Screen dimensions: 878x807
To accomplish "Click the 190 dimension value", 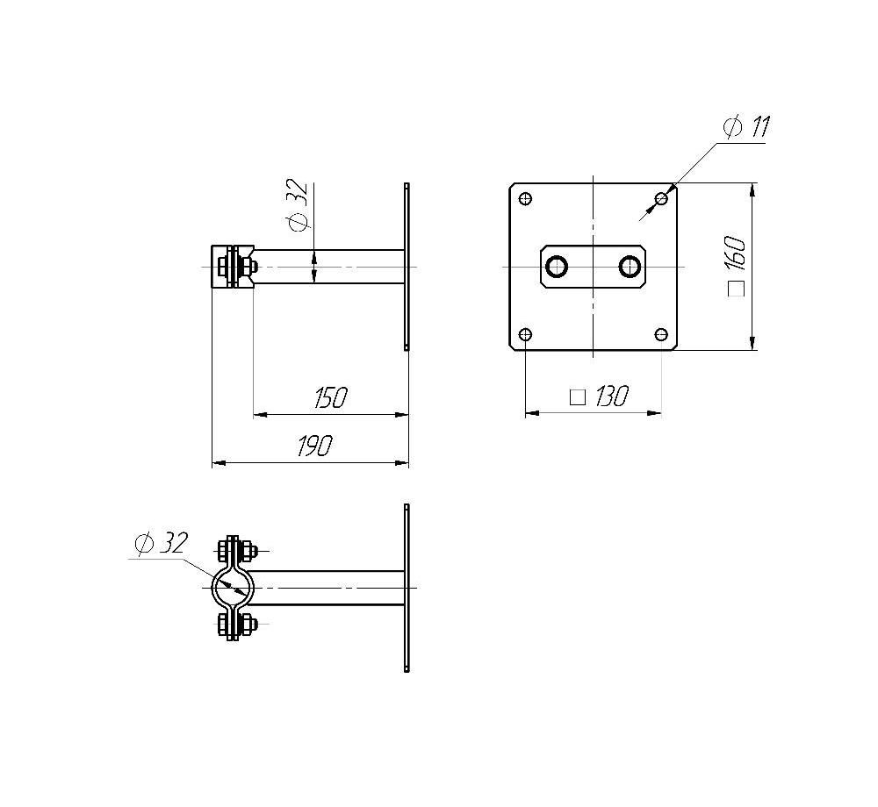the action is (x=314, y=445).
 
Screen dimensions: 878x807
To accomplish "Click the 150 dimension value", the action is (x=330, y=397).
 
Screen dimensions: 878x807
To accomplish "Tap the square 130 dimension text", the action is (x=599, y=396).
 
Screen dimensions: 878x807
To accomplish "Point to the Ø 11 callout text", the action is (x=747, y=127).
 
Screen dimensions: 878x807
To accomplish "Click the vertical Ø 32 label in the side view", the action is (x=298, y=204).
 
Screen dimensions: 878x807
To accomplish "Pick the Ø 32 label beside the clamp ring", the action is (x=161, y=543).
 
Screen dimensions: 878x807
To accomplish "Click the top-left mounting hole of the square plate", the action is (x=525, y=198).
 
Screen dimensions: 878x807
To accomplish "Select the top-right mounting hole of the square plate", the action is (x=662, y=198).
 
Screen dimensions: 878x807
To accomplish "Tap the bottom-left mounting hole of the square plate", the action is (x=525, y=335).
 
